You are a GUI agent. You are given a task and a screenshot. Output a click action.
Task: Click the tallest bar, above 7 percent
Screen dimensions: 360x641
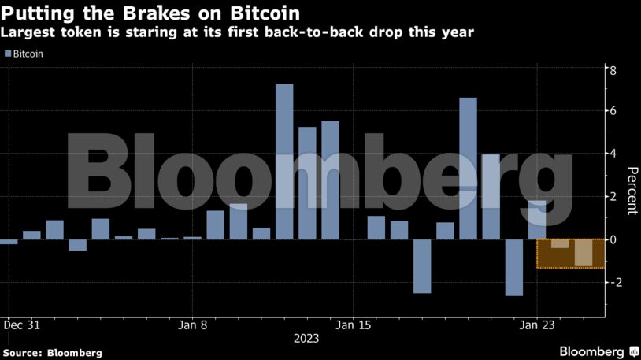tap(284, 161)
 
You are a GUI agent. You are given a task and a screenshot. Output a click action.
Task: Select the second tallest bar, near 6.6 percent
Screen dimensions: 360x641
tap(468, 169)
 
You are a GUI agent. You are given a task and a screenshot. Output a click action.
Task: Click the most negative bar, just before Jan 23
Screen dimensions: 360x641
tap(513, 268)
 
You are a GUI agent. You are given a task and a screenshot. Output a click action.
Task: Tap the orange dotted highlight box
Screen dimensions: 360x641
tap(570, 254)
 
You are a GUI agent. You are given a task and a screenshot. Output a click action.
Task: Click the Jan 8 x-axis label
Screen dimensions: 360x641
tap(193, 324)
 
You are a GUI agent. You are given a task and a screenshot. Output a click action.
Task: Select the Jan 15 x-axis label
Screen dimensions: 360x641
tap(353, 324)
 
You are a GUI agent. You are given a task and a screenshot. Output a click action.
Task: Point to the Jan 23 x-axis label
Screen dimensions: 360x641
tap(536, 324)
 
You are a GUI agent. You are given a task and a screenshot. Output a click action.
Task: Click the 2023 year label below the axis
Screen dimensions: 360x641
tap(306, 338)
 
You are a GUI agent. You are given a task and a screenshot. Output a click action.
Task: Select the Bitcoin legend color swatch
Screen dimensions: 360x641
tap(8, 54)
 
